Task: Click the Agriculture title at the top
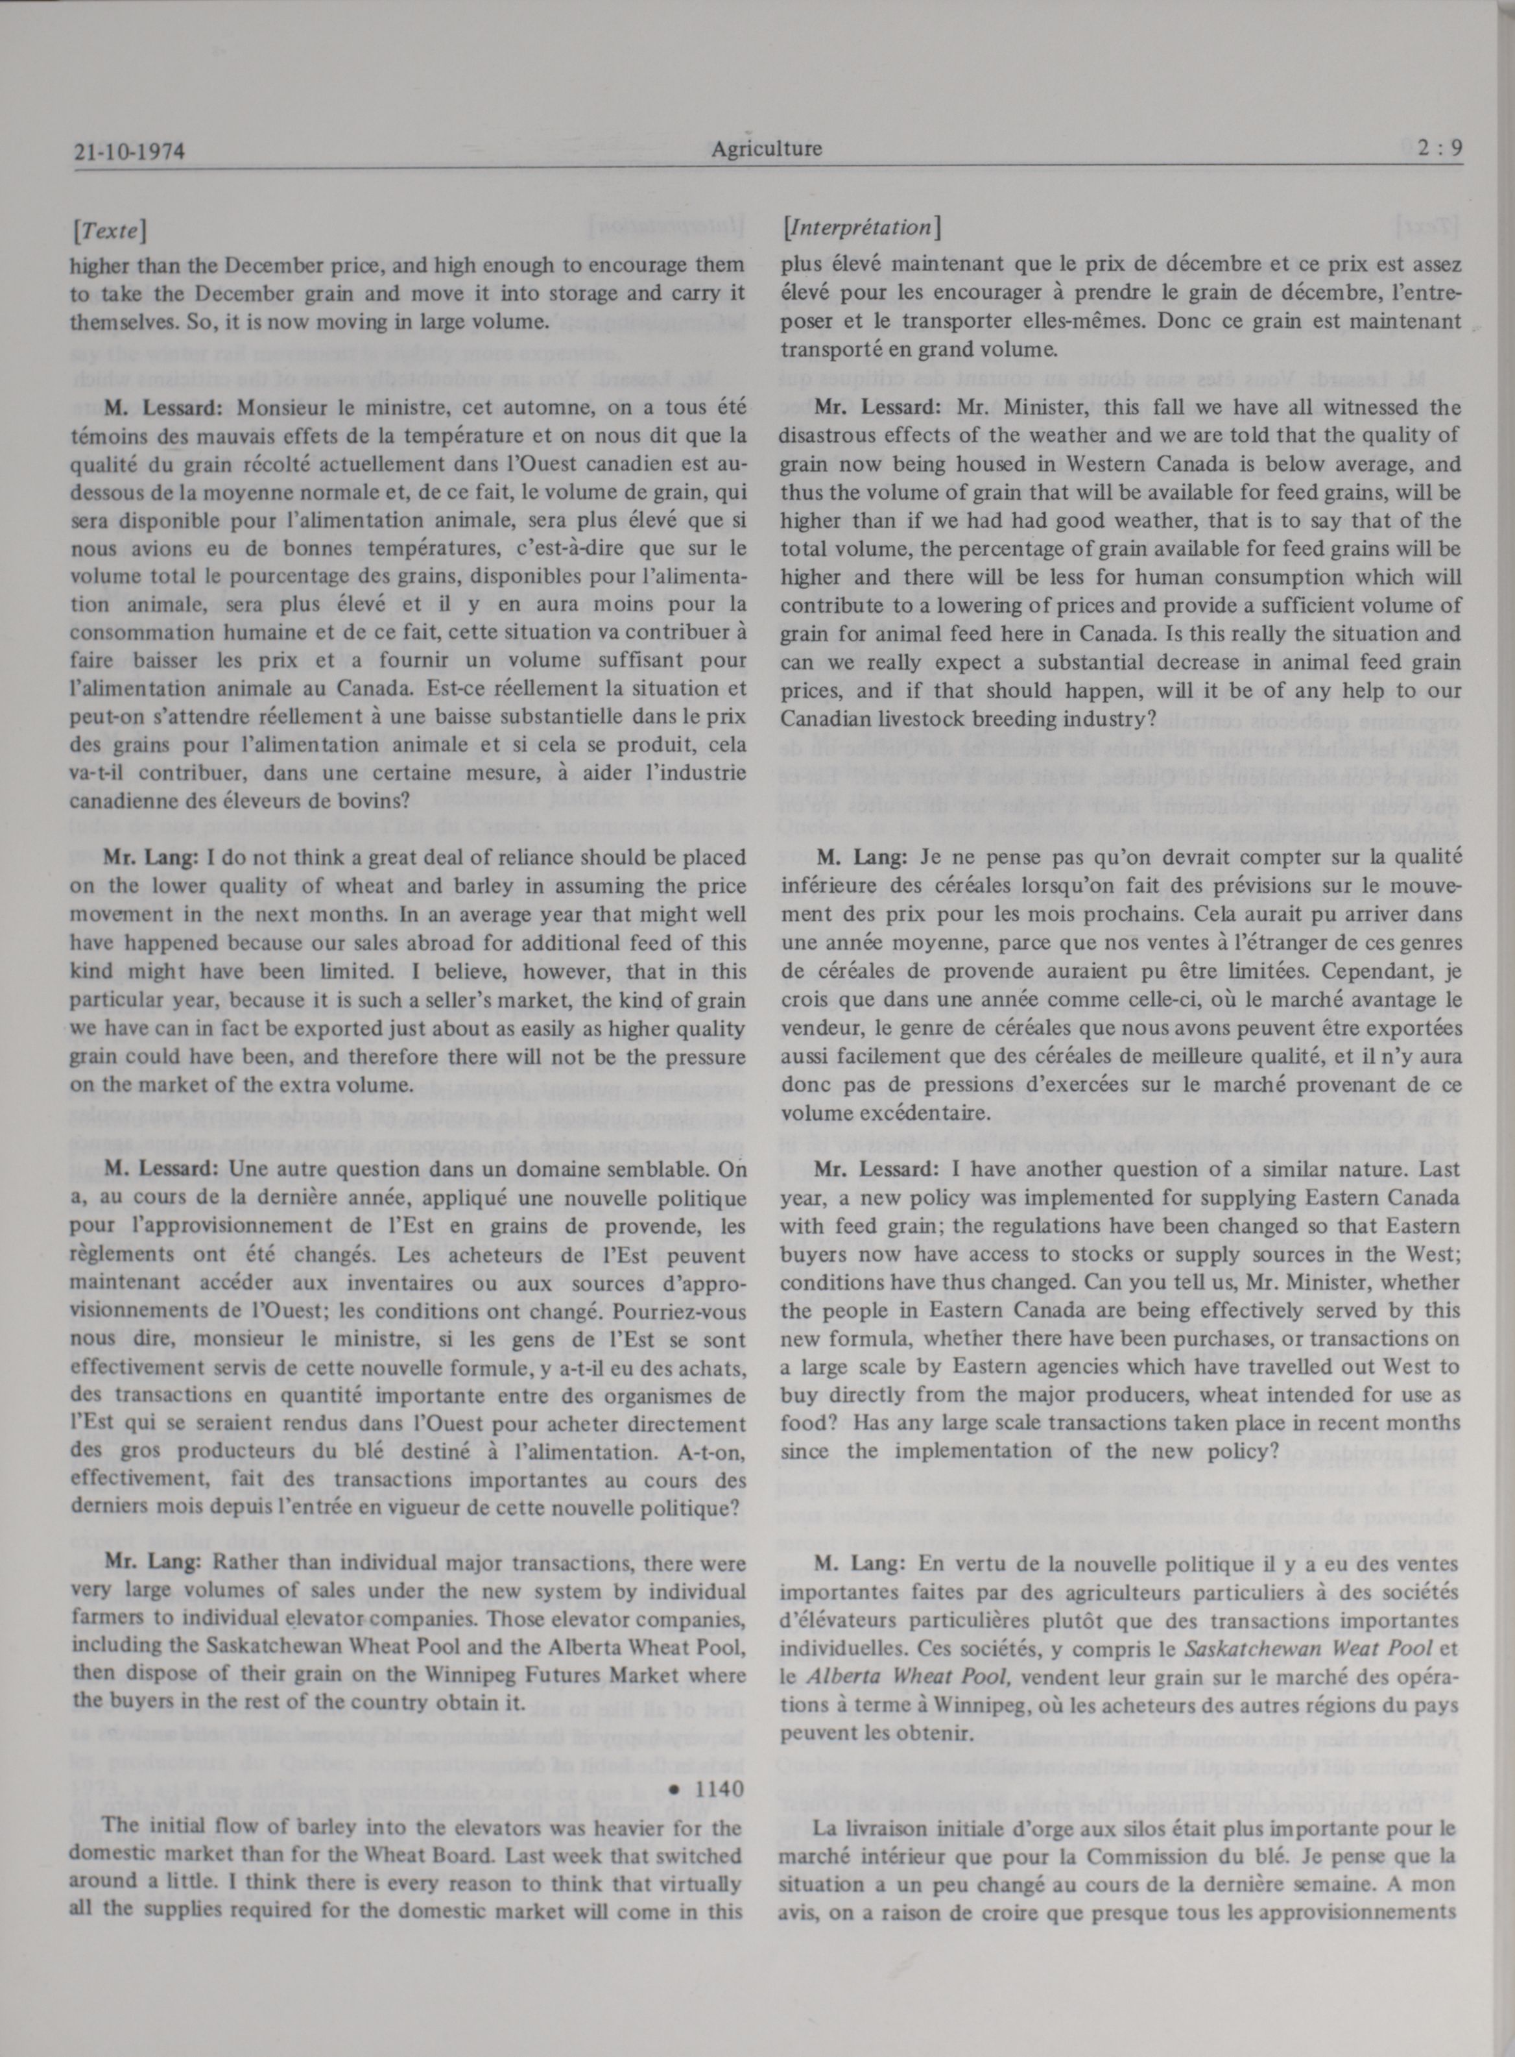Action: (x=766, y=149)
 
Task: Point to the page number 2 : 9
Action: (x=1438, y=149)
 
